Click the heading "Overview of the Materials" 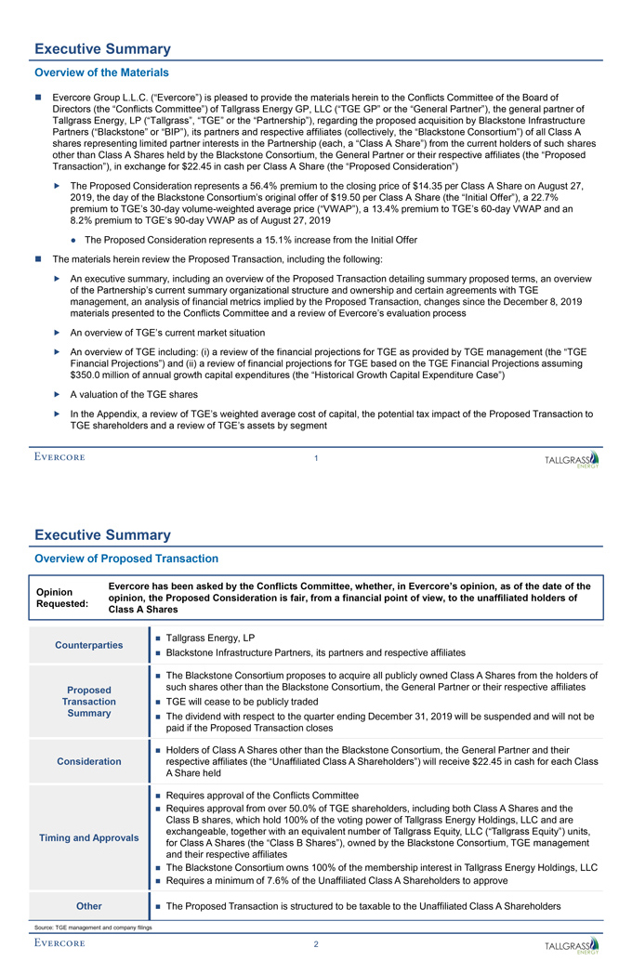101,72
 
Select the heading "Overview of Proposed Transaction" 126,559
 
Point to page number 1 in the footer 316,457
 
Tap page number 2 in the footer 316,945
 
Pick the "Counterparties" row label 89,645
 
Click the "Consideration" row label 89,761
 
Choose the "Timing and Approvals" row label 89,837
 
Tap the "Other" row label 89,906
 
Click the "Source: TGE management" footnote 91,928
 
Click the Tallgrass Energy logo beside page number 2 572,947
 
